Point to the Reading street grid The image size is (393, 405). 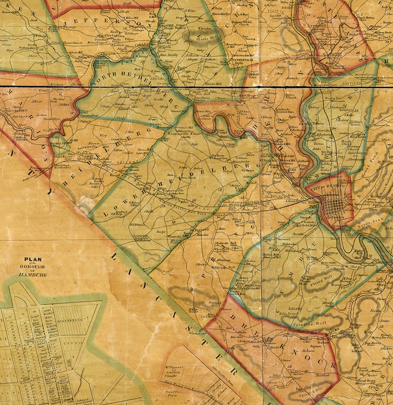(334, 205)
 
